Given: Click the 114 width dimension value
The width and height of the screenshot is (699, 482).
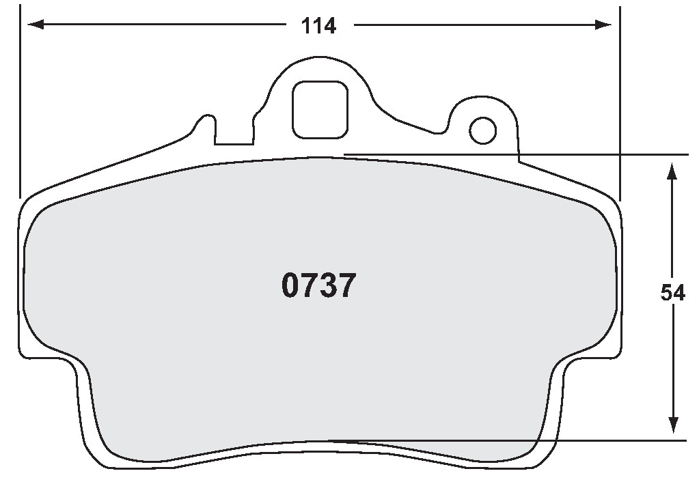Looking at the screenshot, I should (319, 26).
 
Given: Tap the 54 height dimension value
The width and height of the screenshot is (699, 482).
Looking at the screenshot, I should (672, 293).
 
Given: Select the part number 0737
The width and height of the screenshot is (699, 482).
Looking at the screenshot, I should (318, 286).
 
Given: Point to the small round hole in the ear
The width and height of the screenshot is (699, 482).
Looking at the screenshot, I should (484, 129).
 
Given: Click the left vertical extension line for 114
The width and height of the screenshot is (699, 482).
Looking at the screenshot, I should (20, 102).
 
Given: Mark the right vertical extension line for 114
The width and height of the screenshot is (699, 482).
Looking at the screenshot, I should (619, 102).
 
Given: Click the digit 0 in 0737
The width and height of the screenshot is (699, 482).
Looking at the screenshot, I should (291, 286).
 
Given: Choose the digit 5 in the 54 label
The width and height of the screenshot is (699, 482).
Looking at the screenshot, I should (667, 293).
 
